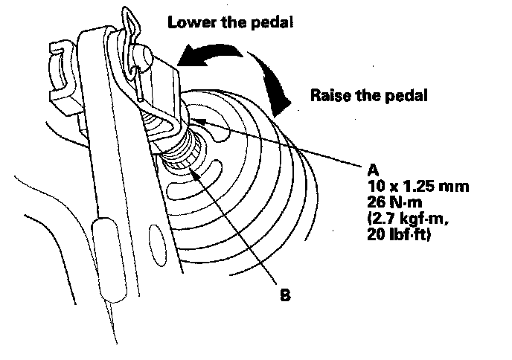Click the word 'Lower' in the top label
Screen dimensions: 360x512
coord(188,22)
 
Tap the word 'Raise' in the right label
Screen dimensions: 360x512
coord(329,96)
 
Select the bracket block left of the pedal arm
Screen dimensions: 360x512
coord(63,74)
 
